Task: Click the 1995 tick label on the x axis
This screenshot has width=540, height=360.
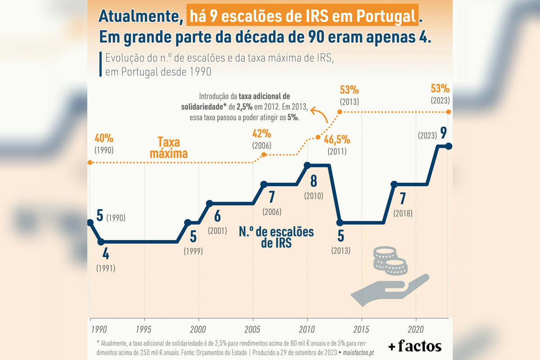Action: click(x=144, y=329)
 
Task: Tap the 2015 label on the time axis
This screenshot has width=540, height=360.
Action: click(x=361, y=329)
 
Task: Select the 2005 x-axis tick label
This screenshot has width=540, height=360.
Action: click(x=252, y=329)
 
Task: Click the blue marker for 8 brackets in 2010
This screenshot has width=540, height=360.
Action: click(x=307, y=166)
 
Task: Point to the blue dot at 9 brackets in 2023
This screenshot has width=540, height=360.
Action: click(x=449, y=146)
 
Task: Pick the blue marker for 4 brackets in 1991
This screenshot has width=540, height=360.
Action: click(x=101, y=242)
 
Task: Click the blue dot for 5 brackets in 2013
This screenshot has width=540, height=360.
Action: click(x=340, y=223)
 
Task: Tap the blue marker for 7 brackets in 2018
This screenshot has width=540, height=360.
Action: click(x=394, y=184)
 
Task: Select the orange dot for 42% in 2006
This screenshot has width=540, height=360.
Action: click(x=264, y=154)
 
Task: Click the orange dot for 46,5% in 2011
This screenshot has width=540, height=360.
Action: click(x=318, y=137)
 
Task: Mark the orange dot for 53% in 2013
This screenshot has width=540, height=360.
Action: click(x=340, y=112)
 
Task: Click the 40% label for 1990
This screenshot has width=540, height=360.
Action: click(x=104, y=139)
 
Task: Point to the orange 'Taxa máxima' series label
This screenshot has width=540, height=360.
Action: click(x=169, y=148)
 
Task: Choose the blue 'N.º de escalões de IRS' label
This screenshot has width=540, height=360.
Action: click(x=276, y=237)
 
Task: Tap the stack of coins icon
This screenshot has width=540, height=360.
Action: click(x=390, y=261)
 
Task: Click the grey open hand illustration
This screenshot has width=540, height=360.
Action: click(x=390, y=290)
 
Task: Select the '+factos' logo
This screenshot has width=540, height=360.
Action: click(x=415, y=346)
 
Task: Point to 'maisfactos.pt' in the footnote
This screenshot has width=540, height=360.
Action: click(x=358, y=353)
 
